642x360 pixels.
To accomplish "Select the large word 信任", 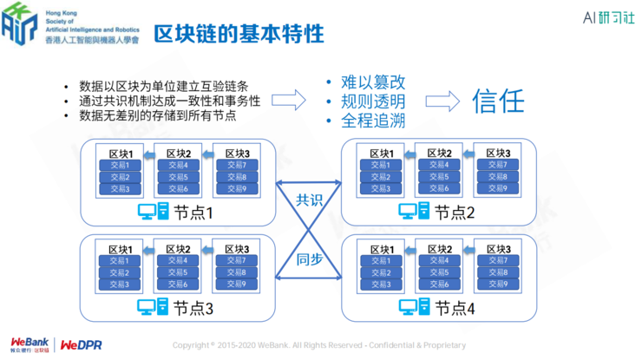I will coord(498,101).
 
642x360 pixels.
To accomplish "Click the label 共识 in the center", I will coord(309,200).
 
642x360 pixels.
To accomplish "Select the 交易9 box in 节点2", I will coord(497,188).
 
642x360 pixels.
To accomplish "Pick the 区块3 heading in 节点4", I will coord(497,248).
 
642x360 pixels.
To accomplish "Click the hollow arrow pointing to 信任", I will coord(442,101).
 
